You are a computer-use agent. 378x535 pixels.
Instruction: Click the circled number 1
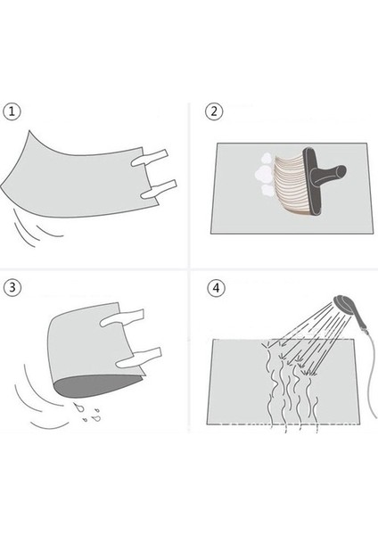tap(12, 111)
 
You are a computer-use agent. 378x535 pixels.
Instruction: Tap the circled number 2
tap(214, 111)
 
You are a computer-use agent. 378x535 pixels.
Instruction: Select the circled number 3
tap(12, 287)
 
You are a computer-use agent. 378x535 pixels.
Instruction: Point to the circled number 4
tap(217, 288)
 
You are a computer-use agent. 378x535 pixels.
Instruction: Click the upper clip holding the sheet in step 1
tap(150, 158)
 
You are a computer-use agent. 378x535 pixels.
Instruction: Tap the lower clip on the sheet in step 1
tap(159, 189)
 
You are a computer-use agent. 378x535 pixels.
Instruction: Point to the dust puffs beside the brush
tap(264, 175)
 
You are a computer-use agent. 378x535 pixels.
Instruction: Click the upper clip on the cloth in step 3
tap(122, 318)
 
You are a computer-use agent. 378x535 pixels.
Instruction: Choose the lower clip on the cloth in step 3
tap(138, 358)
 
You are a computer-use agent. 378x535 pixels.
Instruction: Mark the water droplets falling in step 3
tap(87, 412)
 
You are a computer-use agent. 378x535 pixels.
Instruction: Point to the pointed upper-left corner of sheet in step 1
tap(29, 130)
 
